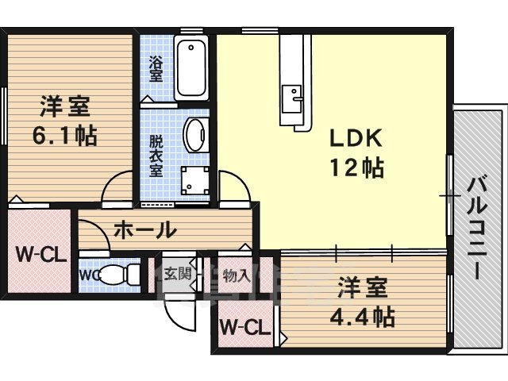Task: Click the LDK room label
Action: pyautogui.click(x=356, y=138)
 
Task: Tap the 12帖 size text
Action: pyautogui.click(x=356, y=167)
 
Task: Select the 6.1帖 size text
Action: pyautogui.click(x=64, y=136)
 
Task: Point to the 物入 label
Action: pyautogui.click(x=236, y=275)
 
